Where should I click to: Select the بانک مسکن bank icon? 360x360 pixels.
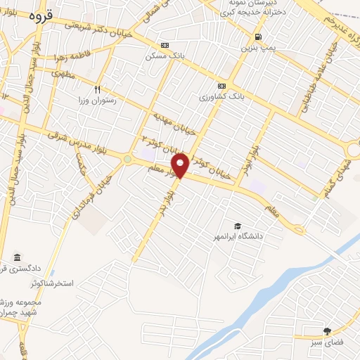tap(165, 44)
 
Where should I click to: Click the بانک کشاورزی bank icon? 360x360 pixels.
tap(222, 85)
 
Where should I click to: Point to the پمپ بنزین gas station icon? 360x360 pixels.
tap(259, 37)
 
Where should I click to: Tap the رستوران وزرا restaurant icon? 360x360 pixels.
tap(98, 89)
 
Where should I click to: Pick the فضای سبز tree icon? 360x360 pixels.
tap(327, 331)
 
